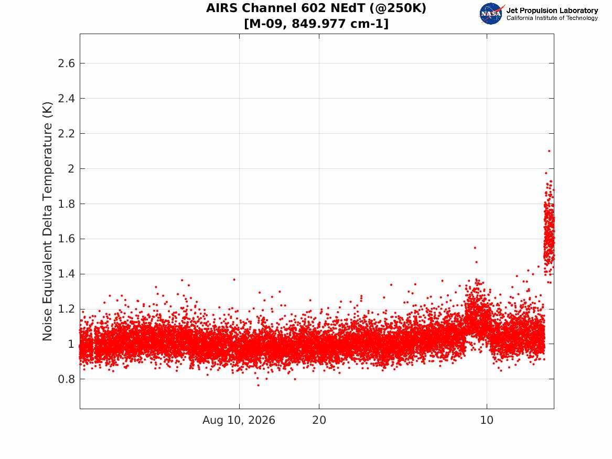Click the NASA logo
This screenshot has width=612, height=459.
[x=491, y=14]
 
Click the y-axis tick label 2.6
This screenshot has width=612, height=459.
[x=67, y=63]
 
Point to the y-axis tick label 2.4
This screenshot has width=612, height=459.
[x=67, y=99]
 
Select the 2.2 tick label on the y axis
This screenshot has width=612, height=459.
[x=67, y=133]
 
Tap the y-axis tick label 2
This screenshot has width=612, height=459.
[x=71, y=168]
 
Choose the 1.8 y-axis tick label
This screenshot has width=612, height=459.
[x=67, y=204]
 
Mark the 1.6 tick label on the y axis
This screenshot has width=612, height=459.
[x=67, y=239]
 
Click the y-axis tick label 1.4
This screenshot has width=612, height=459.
[x=67, y=274]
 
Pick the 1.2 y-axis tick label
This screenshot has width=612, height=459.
[x=67, y=309]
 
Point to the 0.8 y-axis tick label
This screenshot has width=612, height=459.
[x=67, y=379]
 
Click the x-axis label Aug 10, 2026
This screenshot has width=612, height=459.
[x=239, y=420]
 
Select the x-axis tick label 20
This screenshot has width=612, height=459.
[x=319, y=420]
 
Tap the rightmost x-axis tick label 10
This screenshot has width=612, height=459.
[x=487, y=420]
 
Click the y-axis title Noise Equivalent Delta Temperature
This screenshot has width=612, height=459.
[x=47, y=221]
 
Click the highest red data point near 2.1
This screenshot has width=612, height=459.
[x=549, y=151]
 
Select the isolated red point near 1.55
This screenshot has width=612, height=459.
[x=475, y=248]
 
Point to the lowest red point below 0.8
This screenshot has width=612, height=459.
[x=258, y=385]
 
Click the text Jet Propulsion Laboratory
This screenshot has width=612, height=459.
[x=552, y=10]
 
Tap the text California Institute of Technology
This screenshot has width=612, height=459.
[x=552, y=18]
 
